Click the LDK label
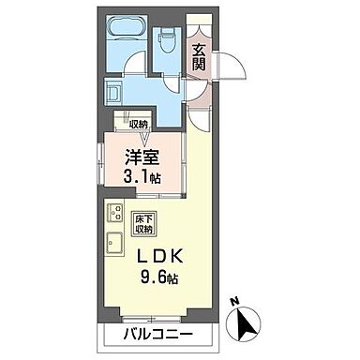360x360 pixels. click(x=163, y=257)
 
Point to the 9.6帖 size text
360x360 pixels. click(x=165, y=278)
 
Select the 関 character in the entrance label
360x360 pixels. click(x=198, y=65)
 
